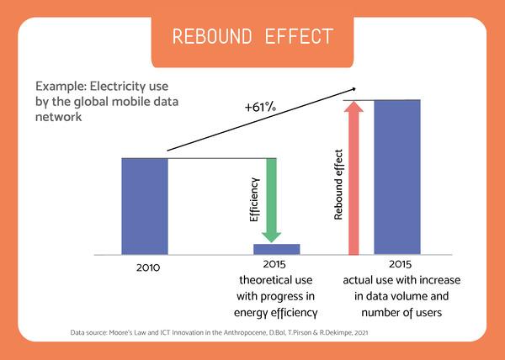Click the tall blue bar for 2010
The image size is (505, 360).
[145, 206]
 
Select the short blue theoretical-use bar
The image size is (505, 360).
[277, 249]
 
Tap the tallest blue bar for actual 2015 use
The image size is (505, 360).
[397, 177]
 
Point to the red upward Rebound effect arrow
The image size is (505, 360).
[354, 177]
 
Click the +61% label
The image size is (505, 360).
[260, 109]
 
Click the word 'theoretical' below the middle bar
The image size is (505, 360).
[255, 282]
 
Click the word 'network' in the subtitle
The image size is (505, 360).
[56, 118]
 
